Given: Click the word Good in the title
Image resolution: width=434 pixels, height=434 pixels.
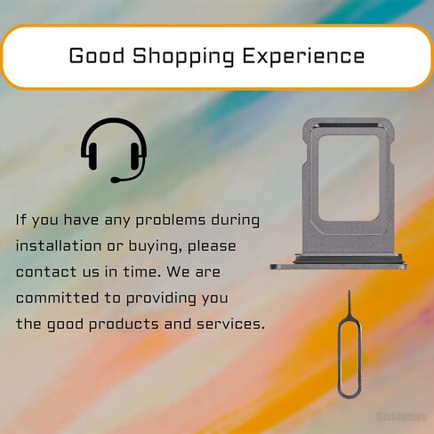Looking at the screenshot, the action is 97,56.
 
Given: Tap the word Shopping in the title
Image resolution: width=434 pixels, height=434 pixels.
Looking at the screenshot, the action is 183,57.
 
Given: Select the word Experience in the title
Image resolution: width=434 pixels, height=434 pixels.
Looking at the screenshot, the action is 303,57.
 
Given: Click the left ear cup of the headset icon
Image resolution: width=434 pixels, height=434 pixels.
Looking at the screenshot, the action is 92,156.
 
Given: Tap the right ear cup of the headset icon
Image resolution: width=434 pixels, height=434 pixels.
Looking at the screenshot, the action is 135,156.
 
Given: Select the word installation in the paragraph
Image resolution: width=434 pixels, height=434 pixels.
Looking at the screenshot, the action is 59,246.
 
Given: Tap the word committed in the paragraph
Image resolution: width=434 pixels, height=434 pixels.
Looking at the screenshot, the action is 57,298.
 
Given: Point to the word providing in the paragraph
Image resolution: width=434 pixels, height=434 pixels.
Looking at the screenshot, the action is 161,299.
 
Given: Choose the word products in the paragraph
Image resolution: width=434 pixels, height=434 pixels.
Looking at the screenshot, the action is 124,325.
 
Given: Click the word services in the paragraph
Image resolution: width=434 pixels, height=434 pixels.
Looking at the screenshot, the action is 230,324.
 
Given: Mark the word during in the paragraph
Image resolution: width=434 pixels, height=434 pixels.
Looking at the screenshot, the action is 235,221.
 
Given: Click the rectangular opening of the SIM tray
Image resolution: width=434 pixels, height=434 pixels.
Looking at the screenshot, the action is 349,178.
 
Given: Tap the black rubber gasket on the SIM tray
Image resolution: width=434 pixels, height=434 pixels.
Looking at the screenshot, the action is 349,260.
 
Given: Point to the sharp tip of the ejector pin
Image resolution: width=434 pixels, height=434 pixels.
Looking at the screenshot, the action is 349,291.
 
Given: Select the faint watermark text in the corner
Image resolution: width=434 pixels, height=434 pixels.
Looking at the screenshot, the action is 402,416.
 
